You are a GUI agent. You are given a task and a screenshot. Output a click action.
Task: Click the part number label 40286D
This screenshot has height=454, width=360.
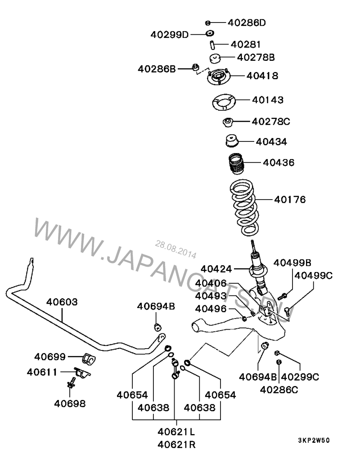[x=247, y=23]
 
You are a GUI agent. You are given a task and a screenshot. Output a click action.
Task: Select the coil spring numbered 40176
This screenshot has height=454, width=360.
[x=244, y=208]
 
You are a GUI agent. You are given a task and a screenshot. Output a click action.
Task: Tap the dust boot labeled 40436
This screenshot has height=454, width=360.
[x=235, y=164]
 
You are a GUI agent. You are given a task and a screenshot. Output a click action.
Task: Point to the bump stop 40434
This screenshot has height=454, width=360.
[x=231, y=141]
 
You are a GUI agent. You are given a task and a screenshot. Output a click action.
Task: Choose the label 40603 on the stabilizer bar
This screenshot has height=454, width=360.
[x=62, y=302]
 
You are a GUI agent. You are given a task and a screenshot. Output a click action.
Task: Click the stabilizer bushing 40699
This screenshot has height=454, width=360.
[x=89, y=359]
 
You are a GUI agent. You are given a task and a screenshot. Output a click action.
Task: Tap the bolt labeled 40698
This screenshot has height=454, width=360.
[x=71, y=383]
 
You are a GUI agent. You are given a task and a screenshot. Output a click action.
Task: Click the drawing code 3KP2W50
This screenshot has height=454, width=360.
[x=314, y=440]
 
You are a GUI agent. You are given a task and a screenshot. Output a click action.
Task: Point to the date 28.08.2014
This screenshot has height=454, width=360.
[x=175, y=250]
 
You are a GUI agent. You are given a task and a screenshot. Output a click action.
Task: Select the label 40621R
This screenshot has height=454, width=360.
[x=176, y=444]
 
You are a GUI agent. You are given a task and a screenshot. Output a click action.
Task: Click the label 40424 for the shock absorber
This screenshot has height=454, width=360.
[x=216, y=269]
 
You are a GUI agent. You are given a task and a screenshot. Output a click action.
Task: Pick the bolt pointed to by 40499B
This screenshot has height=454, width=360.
[x=282, y=296]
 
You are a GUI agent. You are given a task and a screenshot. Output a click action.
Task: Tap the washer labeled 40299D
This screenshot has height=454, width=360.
[x=210, y=33]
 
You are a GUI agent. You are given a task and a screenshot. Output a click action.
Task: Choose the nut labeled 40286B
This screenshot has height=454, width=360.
[x=196, y=68]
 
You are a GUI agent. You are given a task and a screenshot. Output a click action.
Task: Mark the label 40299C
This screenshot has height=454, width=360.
[x=300, y=377]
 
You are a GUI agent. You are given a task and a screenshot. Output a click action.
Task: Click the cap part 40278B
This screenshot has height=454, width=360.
[x=215, y=58]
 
